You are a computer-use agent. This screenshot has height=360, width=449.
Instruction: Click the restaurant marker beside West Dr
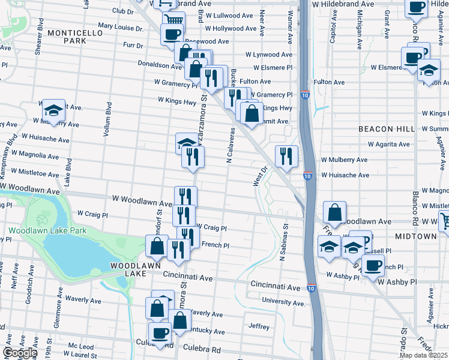pyautogui.click(x=286, y=156)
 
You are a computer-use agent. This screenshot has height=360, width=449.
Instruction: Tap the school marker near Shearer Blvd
pyautogui.click(x=53, y=111)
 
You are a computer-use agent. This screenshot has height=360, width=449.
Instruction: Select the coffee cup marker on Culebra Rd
pyautogui.click(x=160, y=334)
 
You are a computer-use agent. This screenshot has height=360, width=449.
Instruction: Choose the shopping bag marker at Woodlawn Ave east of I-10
pyautogui.click(x=334, y=212)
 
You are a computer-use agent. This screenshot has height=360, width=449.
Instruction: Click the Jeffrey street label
pyautogui.click(x=259, y=326)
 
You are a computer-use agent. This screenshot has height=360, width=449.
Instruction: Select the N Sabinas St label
pyautogui.click(x=286, y=243)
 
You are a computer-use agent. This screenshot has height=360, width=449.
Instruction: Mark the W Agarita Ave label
pyautogui.click(x=389, y=144)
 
